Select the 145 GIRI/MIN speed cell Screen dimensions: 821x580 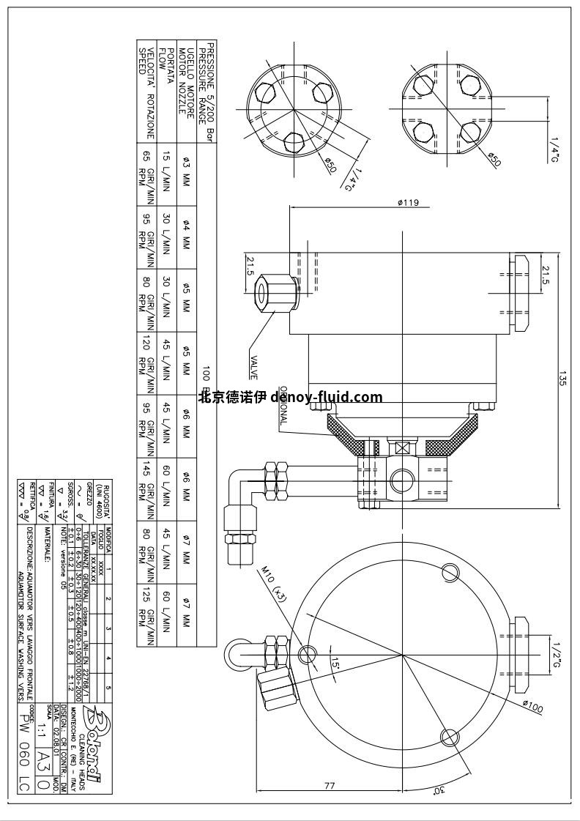146,488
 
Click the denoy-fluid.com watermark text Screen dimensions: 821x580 291,398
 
